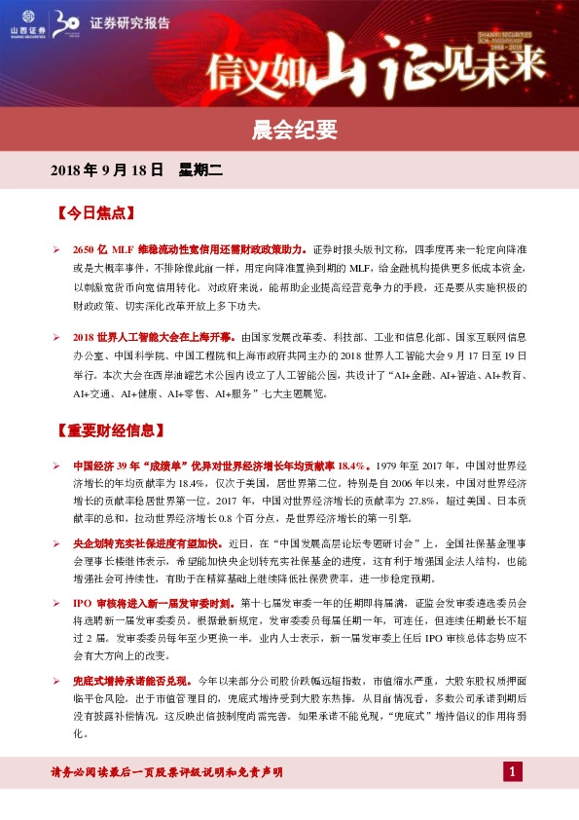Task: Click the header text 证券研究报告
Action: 122,22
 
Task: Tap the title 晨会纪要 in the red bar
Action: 289,128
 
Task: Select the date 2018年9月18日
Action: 106,170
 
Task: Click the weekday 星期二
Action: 200,170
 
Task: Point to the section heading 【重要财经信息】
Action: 114,429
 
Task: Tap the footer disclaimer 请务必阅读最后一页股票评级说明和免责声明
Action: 166,772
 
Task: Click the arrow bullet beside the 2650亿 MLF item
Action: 56,250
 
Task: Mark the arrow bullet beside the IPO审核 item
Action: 56,604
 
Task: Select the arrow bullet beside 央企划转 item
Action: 56,542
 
